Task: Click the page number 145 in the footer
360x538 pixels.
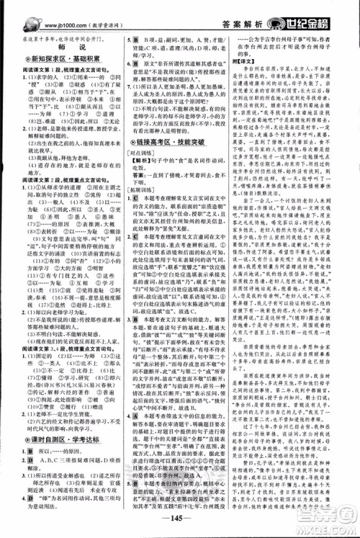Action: (181, 524)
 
